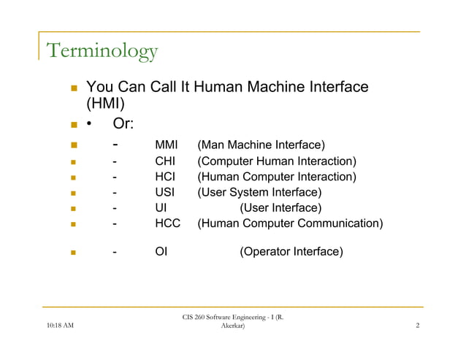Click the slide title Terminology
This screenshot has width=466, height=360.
[102, 51]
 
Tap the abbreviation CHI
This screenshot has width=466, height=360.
[167, 161]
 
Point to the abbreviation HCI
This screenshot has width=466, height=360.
[167, 177]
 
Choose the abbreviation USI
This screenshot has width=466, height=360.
[166, 193]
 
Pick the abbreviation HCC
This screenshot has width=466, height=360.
[168, 223]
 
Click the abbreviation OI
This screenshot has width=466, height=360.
[161, 253]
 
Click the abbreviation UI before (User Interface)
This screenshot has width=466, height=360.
[161, 208]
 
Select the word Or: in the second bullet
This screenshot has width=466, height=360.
[127, 125]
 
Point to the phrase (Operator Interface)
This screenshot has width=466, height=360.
[291, 253]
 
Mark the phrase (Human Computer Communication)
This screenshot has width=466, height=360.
[290, 223]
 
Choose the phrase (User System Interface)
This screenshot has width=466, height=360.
[259, 193]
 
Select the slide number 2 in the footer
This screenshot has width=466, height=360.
[416, 336]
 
